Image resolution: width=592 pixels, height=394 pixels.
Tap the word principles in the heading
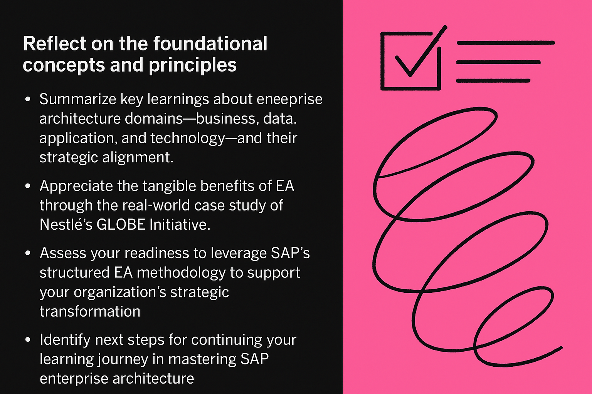193,65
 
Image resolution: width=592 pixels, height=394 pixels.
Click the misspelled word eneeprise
290,100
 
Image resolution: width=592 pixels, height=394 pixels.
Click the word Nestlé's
66,225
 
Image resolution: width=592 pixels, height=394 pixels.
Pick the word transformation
90,311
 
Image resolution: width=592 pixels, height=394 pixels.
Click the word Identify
65,340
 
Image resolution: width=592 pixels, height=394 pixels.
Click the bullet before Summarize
28,100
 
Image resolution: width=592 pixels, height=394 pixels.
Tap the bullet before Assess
28,253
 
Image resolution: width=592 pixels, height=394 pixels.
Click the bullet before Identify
28,340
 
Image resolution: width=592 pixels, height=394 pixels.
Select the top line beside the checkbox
506,43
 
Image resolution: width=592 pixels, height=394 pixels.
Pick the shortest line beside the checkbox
493,80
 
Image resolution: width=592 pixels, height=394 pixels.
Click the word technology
187,139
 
